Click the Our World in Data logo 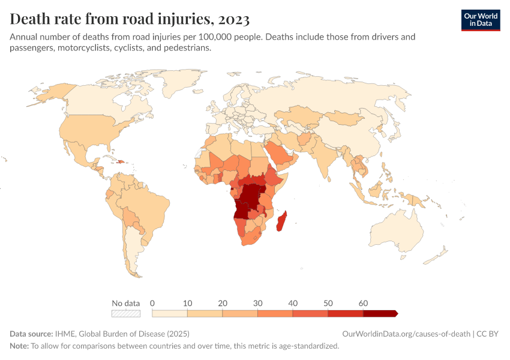tap(480, 20)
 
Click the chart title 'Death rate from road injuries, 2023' tap(130, 19)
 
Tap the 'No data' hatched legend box tap(126, 313)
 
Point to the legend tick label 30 tap(257, 303)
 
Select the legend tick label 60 tap(363, 303)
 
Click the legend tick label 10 tap(187, 303)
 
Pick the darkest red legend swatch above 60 tap(379, 313)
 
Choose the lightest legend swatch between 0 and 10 tap(170, 313)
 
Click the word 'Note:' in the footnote tap(19, 346)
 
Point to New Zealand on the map tap(436, 255)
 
